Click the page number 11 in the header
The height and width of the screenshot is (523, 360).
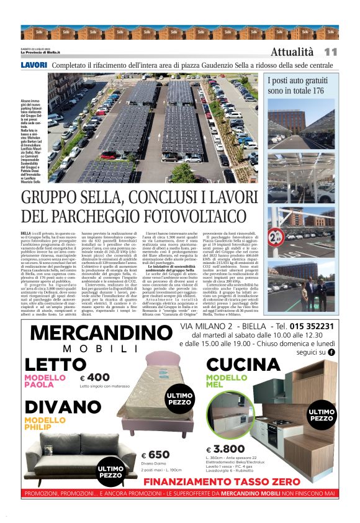(330, 52)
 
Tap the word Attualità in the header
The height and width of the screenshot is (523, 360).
(292, 52)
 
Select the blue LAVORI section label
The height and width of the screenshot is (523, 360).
(34, 65)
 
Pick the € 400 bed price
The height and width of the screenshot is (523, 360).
(94, 377)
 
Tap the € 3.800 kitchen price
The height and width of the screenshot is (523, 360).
(226, 450)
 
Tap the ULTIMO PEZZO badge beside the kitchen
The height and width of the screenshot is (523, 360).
(322, 415)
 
